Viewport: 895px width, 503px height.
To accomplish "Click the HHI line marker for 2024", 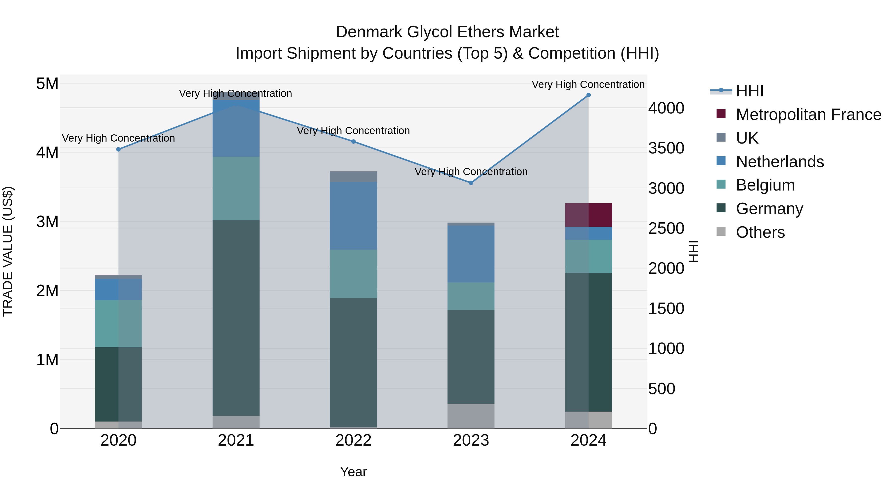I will click(x=588, y=95).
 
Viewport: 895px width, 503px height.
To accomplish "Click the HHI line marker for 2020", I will click(x=119, y=149).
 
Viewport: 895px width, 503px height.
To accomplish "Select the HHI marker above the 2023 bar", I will click(x=471, y=183).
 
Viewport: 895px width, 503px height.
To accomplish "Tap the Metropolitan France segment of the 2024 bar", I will click(x=588, y=215).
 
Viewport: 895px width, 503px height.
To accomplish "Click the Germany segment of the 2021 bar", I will click(x=236, y=318).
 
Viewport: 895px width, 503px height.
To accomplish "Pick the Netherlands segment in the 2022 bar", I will click(x=353, y=216).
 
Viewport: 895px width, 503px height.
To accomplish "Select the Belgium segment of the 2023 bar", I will click(x=471, y=296).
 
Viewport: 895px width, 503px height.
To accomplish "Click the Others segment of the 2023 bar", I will click(x=471, y=416).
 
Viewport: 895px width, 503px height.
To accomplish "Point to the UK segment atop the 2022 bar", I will click(x=353, y=177).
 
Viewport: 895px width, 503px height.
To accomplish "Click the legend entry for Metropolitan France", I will click(x=808, y=115).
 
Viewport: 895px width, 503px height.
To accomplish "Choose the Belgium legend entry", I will click(x=765, y=185).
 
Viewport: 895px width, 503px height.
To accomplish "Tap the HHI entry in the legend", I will click(x=749, y=91).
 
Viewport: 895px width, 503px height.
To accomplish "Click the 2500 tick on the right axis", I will click(x=666, y=229).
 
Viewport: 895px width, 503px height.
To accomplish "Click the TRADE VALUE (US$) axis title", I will click(x=8, y=251).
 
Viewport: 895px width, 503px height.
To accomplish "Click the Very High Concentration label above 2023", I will click(x=471, y=172).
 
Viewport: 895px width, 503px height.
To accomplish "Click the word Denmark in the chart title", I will click(x=369, y=32).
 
